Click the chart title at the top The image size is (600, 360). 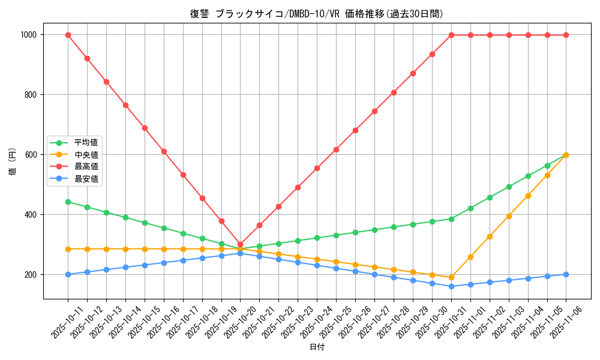[x=317, y=14]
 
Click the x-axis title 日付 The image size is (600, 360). [x=317, y=347]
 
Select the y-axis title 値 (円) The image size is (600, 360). [x=13, y=163]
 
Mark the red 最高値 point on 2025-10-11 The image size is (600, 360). [x=68, y=35]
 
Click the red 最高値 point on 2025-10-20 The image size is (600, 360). [x=241, y=245]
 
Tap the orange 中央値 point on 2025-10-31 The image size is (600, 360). [x=451, y=277]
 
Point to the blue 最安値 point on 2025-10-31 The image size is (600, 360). [x=451, y=286]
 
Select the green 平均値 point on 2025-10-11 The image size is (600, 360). [x=68, y=202]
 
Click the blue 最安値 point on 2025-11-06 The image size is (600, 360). [x=566, y=274]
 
